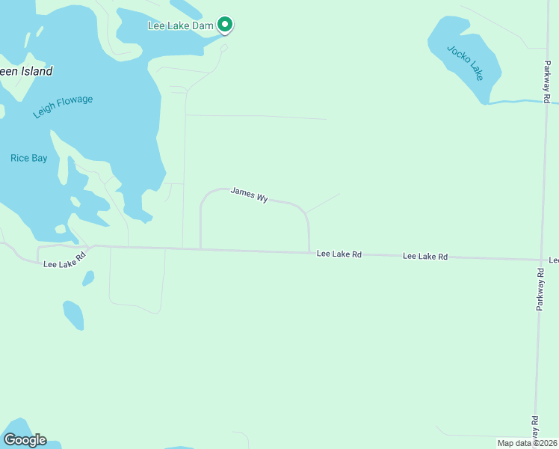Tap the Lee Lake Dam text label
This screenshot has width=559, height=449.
pyautogui.click(x=180, y=25)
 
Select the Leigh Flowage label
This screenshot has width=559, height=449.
pyautogui.click(x=63, y=106)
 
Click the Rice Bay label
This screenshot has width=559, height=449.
pyautogui.click(x=28, y=158)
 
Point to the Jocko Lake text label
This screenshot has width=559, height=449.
pyautogui.click(x=465, y=63)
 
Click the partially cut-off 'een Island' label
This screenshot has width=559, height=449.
pyautogui.click(x=26, y=72)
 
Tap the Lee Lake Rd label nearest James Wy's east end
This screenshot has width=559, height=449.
pyautogui.click(x=339, y=254)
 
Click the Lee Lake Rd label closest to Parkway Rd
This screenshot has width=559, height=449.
pyautogui.click(x=424, y=257)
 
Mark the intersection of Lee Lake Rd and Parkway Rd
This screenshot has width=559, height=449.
pyautogui.click(x=541, y=260)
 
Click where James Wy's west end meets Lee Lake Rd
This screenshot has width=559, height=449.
pyautogui.click(x=200, y=249)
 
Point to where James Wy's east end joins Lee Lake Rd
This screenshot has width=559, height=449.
pyautogui.click(x=309, y=252)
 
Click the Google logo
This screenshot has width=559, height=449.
pyautogui.click(x=25, y=440)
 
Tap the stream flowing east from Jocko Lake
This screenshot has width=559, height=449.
pyautogui.click(x=516, y=101)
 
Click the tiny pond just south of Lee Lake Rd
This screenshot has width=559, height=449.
pyautogui.click(x=88, y=278)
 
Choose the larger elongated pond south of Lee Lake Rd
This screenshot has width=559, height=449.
pyautogui.click(x=73, y=314)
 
